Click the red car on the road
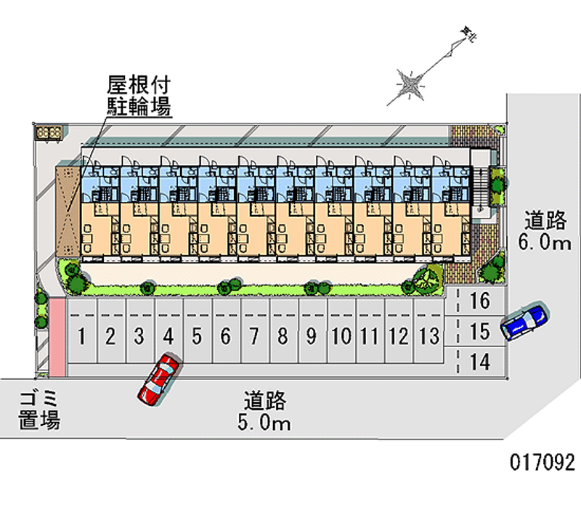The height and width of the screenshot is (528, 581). (x=159, y=379)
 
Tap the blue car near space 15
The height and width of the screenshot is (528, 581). (x=523, y=322)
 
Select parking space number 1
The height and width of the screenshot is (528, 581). (x=84, y=336)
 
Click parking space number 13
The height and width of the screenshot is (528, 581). (x=429, y=336)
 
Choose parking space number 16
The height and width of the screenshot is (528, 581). (x=479, y=299)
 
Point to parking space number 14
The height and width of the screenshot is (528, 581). (x=479, y=361)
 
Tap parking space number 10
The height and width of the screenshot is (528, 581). (x=341, y=336)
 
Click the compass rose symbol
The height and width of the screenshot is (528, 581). (x=410, y=85)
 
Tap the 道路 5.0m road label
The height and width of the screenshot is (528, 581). (x=267, y=411)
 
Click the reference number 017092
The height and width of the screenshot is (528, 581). (x=543, y=462)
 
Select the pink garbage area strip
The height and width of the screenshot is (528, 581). (x=57, y=336)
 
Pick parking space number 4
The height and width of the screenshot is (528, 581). (x=168, y=336)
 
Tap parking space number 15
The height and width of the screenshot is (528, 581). (x=479, y=331)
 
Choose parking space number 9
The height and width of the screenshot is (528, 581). (x=311, y=336)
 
